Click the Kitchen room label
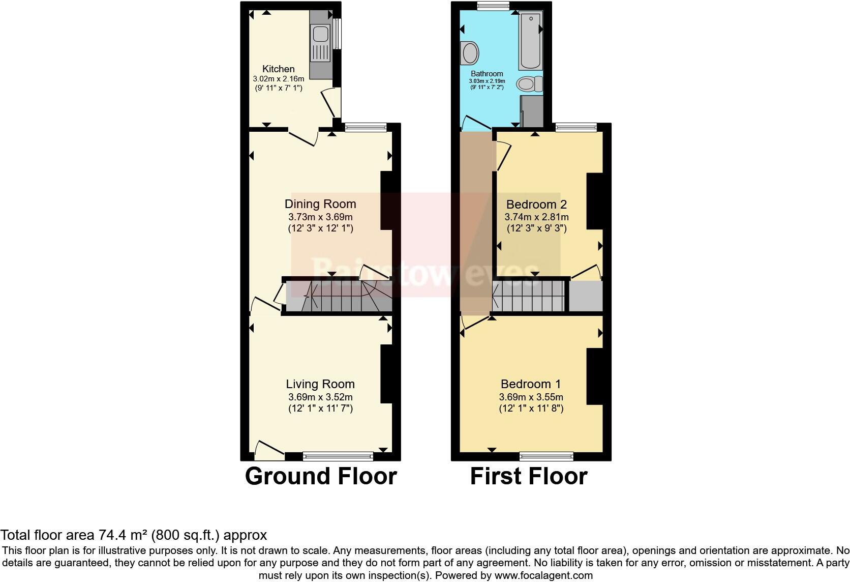click(x=278, y=69)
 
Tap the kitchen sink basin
click(x=320, y=35)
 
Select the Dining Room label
click(x=320, y=204)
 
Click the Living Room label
click(x=320, y=384)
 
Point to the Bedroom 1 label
click(x=531, y=384)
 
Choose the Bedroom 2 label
click(x=536, y=205)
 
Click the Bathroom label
click(x=487, y=74)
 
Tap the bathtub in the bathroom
click(x=530, y=40)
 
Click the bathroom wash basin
click(x=470, y=52)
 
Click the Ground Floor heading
click(x=321, y=476)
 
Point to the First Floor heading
click(x=529, y=476)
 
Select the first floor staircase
click(x=529, y=297)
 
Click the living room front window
click(x=338, y=456)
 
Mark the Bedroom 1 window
click(x=547, y=456)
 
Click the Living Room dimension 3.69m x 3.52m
click(x=320, y=397)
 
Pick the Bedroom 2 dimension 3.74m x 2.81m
click(x=536, y=217)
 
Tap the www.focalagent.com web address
click(x=543, y=575)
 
